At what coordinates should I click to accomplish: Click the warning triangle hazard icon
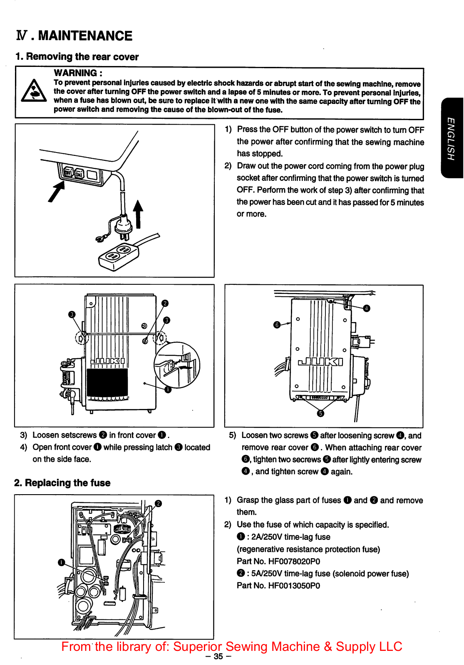click(34, 91)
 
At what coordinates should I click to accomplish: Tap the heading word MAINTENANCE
click(85, 36)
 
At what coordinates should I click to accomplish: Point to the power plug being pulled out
click(124, 226)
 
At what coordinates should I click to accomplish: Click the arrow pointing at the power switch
click(56, 192)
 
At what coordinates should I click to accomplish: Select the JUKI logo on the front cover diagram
click(107, 361)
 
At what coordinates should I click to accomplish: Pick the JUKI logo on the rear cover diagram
click(320, 362)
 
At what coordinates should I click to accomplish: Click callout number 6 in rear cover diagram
click(277, 325)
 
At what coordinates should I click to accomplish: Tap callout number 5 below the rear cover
click(320, 413)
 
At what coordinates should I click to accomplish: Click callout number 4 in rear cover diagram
click(366, 308)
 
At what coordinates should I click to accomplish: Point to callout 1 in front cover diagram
click(168, 389)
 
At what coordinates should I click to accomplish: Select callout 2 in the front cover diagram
click(165, 303)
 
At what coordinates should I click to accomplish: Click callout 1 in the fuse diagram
click(62, 562)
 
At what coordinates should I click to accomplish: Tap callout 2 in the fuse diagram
click(158, 503)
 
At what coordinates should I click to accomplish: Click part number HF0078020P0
click(294, 562)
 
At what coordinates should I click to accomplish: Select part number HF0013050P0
click(294, 586)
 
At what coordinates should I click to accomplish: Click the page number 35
click(218, 656)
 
